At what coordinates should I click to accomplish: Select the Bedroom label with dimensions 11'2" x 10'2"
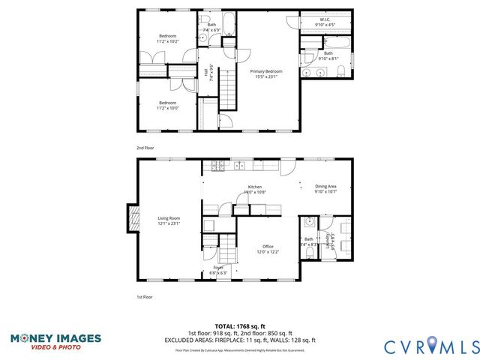(167, 39)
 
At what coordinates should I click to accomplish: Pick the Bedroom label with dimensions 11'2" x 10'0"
(167, 105)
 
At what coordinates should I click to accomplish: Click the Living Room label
(168, 220)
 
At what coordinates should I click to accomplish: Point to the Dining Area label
(325, 189)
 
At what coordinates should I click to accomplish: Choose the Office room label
(268, 249)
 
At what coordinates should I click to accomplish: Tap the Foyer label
(218, 269)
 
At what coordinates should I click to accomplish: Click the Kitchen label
(255, 190)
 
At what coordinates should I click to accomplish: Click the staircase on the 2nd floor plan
(227, 93)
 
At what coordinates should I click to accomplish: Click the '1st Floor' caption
(144, 297)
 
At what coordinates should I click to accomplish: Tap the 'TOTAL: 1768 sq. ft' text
(240, 327)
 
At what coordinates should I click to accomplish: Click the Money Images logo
(55, 341)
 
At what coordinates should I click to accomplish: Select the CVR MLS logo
(432, 346)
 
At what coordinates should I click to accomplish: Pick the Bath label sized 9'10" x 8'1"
(328, 55)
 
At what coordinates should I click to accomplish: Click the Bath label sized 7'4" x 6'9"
(212, 28)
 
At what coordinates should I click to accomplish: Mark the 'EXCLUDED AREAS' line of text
(240, 339)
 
